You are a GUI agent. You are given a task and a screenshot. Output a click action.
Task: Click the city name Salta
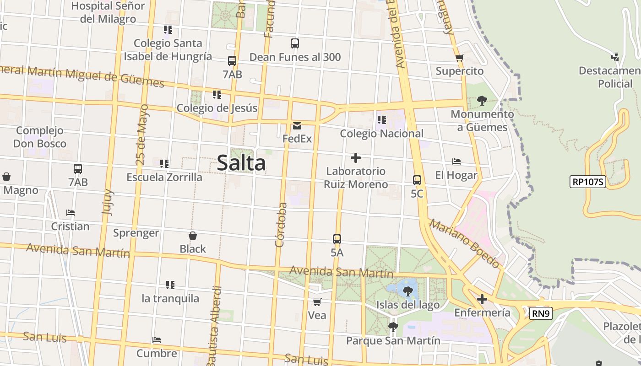coord(241,163)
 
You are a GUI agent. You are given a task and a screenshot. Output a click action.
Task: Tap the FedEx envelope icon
coord(297,126)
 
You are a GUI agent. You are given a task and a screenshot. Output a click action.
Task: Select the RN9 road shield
coord(541,313)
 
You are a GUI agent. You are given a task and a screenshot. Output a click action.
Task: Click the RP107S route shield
coord(588,182)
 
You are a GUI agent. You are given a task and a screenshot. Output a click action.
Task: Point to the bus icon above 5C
coord(417,180)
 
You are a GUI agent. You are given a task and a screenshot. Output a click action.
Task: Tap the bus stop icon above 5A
coord(337,239)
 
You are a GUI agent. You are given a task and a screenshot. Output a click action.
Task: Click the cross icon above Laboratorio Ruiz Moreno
coord(355,158)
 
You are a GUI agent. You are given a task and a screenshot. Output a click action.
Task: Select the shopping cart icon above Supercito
coord(459,58)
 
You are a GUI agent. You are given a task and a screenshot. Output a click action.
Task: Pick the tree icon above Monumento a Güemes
coord(481,100)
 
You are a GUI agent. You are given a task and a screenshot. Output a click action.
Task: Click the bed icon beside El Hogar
coord(456,161)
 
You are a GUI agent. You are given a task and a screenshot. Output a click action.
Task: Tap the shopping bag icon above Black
coord(193,236)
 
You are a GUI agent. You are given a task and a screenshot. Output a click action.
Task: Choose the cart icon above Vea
coord(317,302)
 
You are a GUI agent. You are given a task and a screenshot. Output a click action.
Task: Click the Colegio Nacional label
coord(381,134)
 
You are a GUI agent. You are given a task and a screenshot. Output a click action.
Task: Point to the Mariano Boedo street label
coord(464,243)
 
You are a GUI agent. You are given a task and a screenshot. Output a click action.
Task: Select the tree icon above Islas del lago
coord(407,291)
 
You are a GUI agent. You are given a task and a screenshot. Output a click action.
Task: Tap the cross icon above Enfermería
coord(482,299)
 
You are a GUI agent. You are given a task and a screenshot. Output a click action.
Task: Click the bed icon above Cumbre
coord(157,340)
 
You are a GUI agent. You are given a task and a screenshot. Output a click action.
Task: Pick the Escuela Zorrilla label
coord(164,177)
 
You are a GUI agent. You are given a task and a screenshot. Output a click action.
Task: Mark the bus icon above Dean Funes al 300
coord(295,43)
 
